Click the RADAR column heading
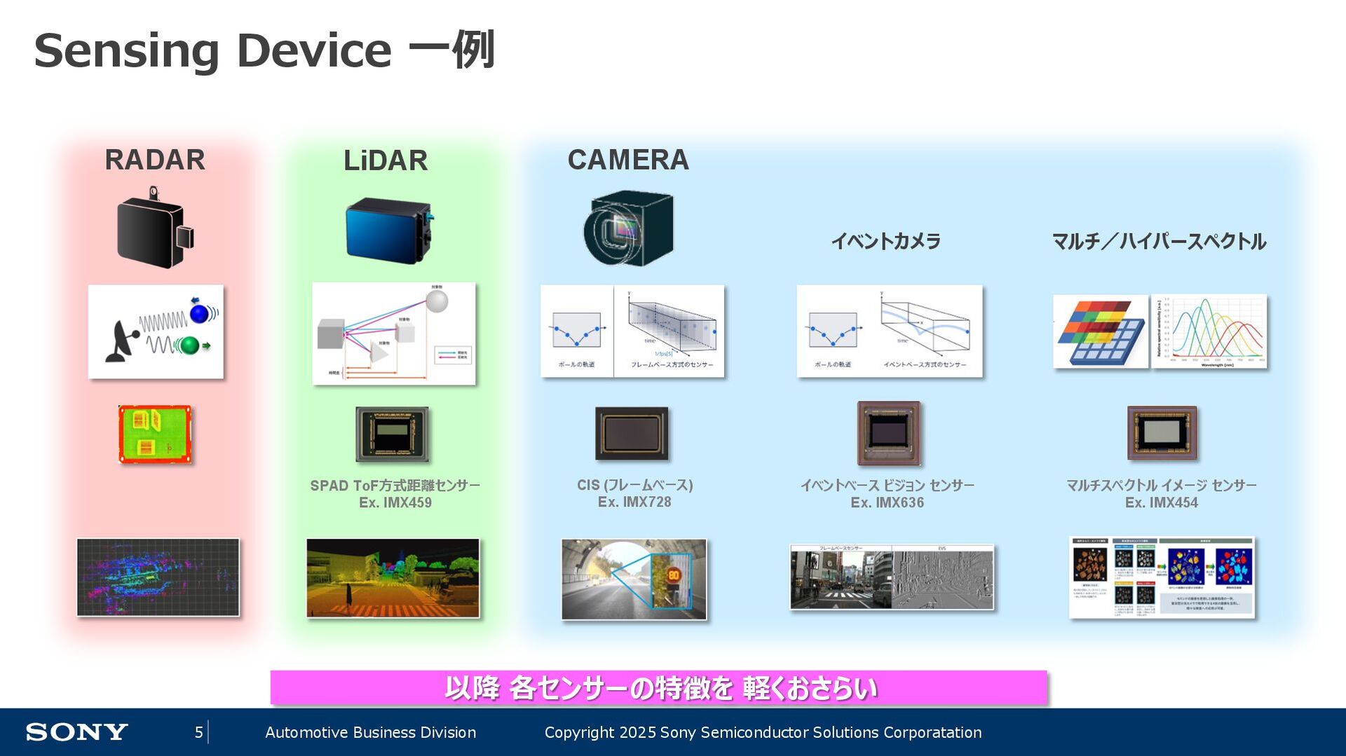click(155, 160)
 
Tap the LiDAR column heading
click(386, 160)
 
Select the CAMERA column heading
click(628, 160)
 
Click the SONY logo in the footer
click(77, 732)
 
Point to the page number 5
click(199, 732)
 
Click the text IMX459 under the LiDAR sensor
click(407, 503)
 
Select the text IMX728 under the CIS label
click(647, 502)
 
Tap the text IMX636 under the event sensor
click(899, 503)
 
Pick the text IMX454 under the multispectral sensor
click(1174, 503)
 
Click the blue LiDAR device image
click(388, 229)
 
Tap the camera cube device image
click(628, 228)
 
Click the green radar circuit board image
click(155, 434)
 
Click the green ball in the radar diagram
click(188, 345)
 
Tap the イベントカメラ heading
click(886, 242)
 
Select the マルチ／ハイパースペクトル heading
click(1159, 242)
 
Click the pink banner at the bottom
click(658, 687)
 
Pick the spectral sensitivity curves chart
click(1209, 331)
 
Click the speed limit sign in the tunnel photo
click(673, 575)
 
